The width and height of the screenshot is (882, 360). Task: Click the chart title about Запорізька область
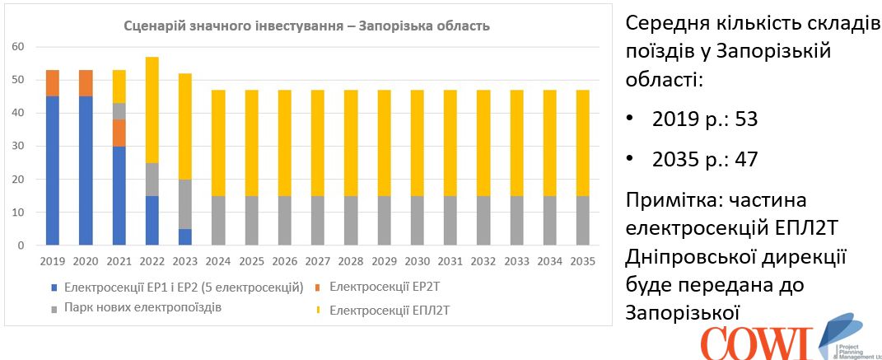point(306,26)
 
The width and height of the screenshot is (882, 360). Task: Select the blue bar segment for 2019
point(52,171)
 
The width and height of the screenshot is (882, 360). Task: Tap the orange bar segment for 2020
point(86,83)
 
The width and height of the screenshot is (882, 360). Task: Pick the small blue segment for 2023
point(185,236)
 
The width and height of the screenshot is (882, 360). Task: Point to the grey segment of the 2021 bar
point(119,111)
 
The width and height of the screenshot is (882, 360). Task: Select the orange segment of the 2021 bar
point(119,133)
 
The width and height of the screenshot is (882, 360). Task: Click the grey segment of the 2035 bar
point(583,220)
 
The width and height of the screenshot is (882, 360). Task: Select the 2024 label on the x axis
point(218,262)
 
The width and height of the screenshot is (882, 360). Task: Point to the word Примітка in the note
point(674,200)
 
